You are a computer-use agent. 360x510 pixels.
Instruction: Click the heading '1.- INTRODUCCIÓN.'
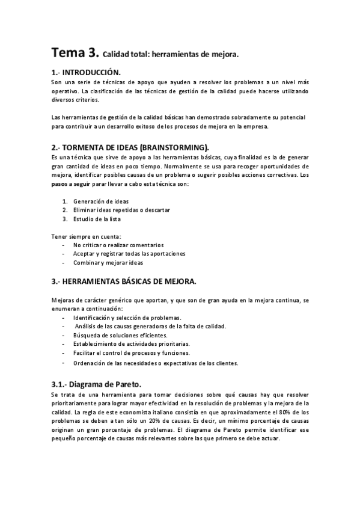(x=90, y=72)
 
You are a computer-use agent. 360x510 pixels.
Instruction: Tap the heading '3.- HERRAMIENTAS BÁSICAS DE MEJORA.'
(x=133, y=281)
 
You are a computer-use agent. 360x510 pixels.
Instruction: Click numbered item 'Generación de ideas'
(x=101, y=201)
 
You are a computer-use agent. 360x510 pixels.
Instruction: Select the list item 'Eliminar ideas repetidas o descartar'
(x=121, y=210)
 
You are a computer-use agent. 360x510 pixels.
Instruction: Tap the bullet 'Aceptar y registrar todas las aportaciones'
(x=129, y=254)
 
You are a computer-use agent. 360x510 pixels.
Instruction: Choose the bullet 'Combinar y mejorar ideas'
(x=108, y=263)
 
